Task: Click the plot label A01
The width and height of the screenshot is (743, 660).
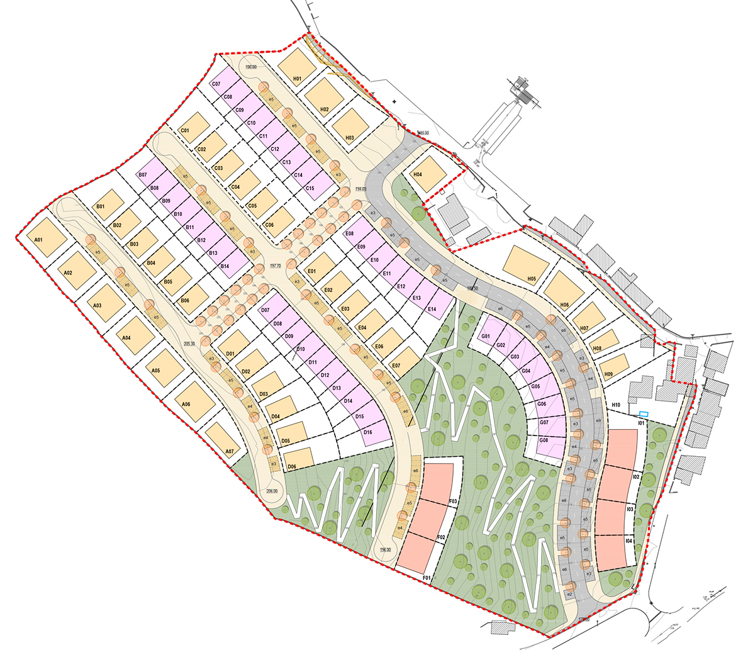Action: [38, 240]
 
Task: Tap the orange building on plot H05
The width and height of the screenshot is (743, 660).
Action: [526, 264]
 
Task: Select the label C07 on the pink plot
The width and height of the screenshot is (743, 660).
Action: [216, 84]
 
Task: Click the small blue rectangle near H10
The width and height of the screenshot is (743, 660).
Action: [643, 413]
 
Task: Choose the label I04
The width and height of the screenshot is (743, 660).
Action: [629, 541]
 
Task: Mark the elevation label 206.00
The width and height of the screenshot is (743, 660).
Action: [272, 491]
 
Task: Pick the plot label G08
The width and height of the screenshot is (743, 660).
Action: [544, 440]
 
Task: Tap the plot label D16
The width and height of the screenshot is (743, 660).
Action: [368, 432]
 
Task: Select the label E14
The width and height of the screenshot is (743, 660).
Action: [432, 309]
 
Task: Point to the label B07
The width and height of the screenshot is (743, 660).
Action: [142, 174]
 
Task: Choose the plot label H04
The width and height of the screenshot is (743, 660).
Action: [417, 174]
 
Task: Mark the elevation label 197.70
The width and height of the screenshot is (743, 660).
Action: [275, 266]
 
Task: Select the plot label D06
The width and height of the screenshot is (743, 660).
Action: [291, 466]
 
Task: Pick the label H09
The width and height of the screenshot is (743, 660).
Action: [608, 375]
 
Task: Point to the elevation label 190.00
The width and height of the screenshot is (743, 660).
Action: [252, 67]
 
